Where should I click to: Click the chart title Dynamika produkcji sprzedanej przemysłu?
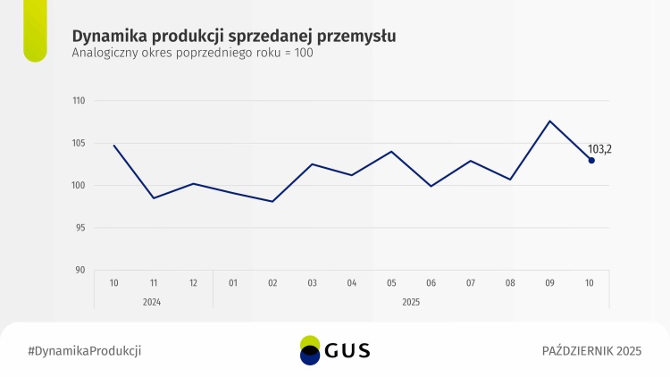point(234,35)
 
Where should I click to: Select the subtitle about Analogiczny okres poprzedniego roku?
point(192,53)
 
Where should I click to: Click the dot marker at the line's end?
point(591,161)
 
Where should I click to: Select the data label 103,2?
point(599,149)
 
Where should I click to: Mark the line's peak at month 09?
point(550,121)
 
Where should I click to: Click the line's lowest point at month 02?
point(272,201)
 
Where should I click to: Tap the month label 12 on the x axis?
point(194,283)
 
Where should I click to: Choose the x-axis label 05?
point(391,283)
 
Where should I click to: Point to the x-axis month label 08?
point(510,283)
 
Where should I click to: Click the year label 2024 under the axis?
point(153,302)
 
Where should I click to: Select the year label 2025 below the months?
point(411,302)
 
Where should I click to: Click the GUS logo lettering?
point(348,351)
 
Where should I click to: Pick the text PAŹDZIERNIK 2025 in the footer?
point(591,350)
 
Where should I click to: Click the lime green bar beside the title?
point(35,31)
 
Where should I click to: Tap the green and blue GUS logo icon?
point(310,350)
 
